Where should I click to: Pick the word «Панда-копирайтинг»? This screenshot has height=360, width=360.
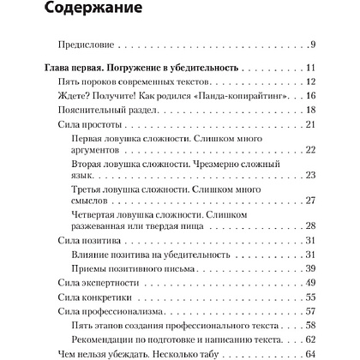(240, 96)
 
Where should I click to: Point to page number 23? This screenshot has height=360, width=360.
(311, 175)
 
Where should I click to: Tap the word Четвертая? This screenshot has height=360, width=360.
(104, 213)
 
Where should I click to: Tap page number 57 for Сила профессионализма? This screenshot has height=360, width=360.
(311, 309)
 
